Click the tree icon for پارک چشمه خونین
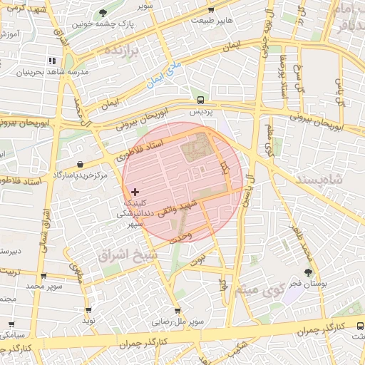click(104, 13)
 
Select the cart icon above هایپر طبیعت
click(211, 9)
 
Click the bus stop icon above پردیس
click(201, 100)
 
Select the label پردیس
click(201, 113)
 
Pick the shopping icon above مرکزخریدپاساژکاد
click(80, 163)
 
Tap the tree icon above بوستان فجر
click(308, 272)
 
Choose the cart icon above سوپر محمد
click(44, 275)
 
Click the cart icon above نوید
click(88, 310)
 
